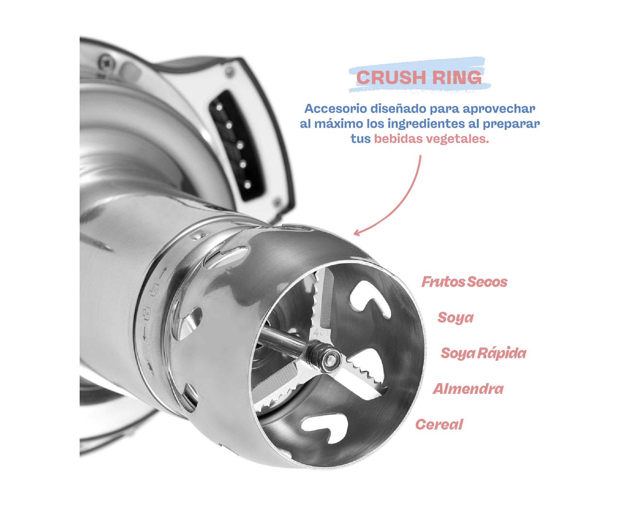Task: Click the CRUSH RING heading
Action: (x=419, y=77)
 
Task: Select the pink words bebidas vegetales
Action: (x=431, y=139)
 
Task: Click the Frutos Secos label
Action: (x=464, y=282)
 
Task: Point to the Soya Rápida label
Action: (x=483, y=353)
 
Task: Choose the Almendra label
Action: (x=468, y=389)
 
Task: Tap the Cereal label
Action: (x=439, y=425)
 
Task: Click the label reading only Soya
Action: (x=455, y=318)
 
